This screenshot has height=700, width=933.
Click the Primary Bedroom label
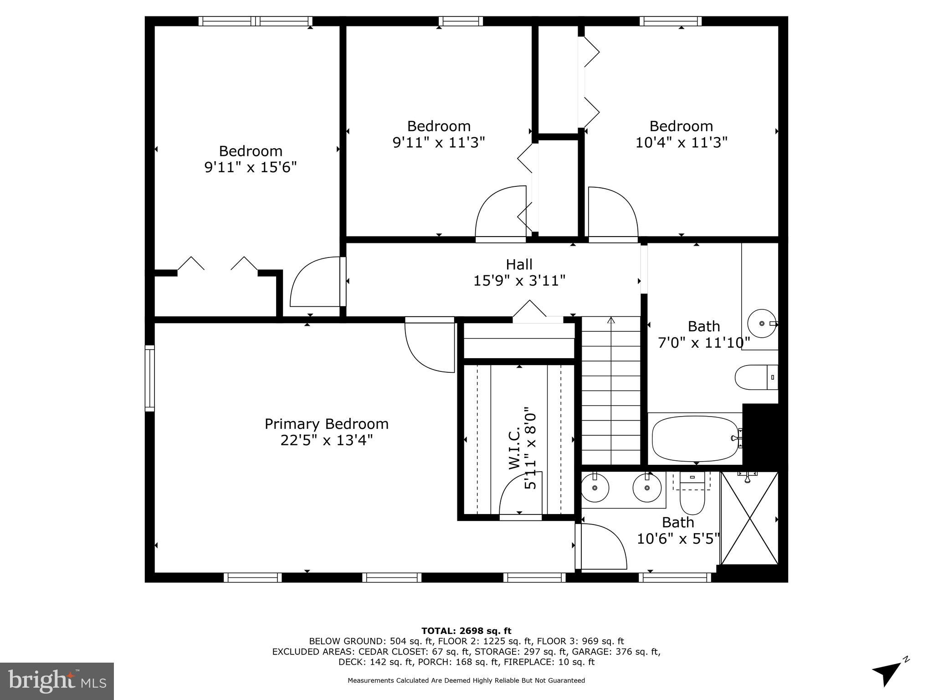pos(326,424)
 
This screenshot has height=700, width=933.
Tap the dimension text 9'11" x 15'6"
pos(251,167)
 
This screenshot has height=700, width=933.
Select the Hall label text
pos(519,264)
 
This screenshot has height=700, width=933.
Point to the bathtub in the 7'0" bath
pos(695,438)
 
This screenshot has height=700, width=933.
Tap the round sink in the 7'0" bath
pos(762,323)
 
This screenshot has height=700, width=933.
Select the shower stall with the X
pos(749,519)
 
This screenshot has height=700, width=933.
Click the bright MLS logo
pos(56,681)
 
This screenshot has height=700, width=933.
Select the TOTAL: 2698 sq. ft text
pos(466,631)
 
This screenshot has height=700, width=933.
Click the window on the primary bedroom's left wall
pos(149,378)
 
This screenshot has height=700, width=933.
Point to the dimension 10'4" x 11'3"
pos(681,142)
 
